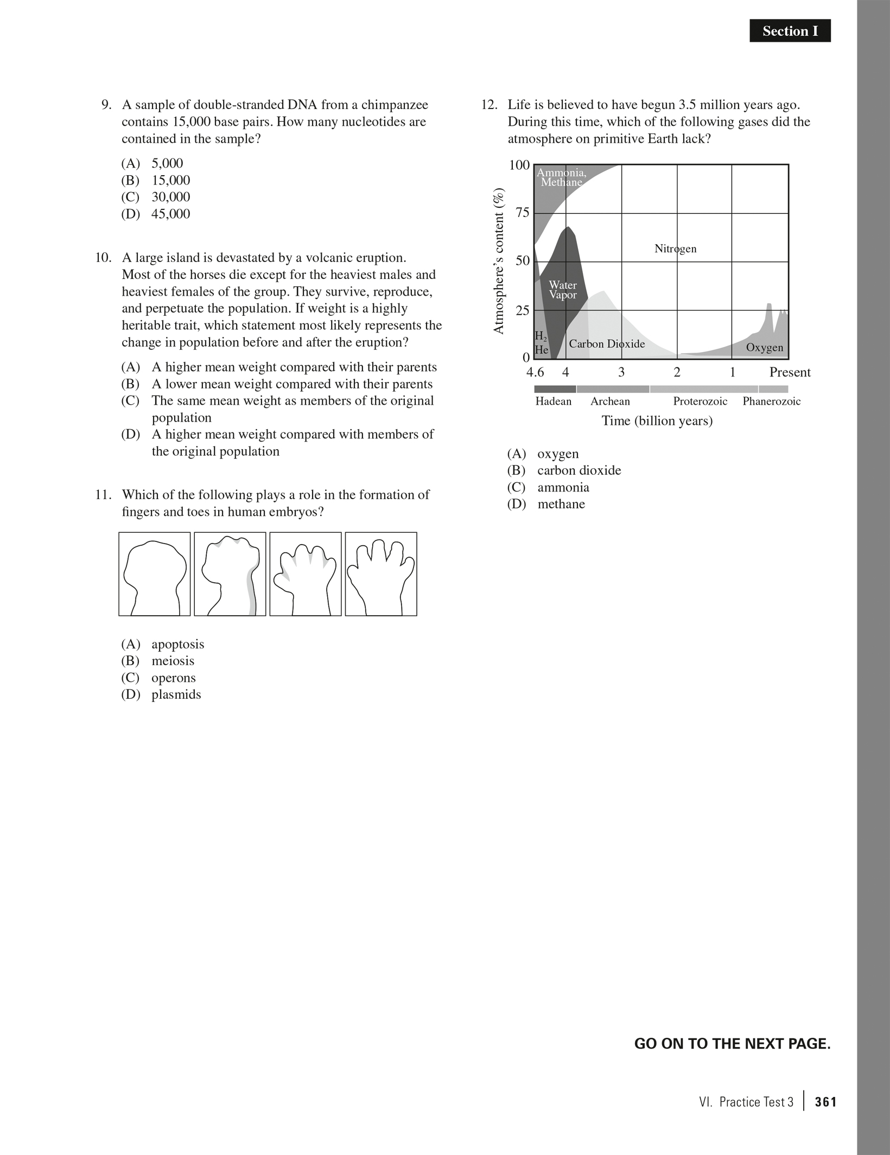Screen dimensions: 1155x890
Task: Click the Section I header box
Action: pos(790,31)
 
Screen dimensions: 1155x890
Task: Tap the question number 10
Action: pos(103,258)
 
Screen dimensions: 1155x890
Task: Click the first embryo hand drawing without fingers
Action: pos(155,574)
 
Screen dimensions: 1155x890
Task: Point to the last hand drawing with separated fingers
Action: pos(381,574)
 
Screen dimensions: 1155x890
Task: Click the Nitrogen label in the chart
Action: pos(675,249)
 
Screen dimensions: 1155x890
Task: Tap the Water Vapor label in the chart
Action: pos(563,290)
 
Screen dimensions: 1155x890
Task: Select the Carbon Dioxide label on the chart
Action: pos(607,344)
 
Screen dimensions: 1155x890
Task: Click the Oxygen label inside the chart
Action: pos(764,348)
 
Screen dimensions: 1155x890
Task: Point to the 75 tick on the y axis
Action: pos(522,213)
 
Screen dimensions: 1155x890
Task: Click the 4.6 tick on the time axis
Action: pos(535,372)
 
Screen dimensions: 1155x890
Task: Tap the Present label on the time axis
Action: pos(790,372)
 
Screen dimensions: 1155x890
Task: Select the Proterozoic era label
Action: pos(700,401)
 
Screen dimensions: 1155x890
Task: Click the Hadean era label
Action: pos(553,401)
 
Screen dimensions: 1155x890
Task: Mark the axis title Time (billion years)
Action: pos(657,421)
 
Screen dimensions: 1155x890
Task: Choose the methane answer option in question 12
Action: pos(561,504)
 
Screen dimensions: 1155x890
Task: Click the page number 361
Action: pos(825,1102)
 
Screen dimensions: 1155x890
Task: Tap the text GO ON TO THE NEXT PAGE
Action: pos(732,1044)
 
